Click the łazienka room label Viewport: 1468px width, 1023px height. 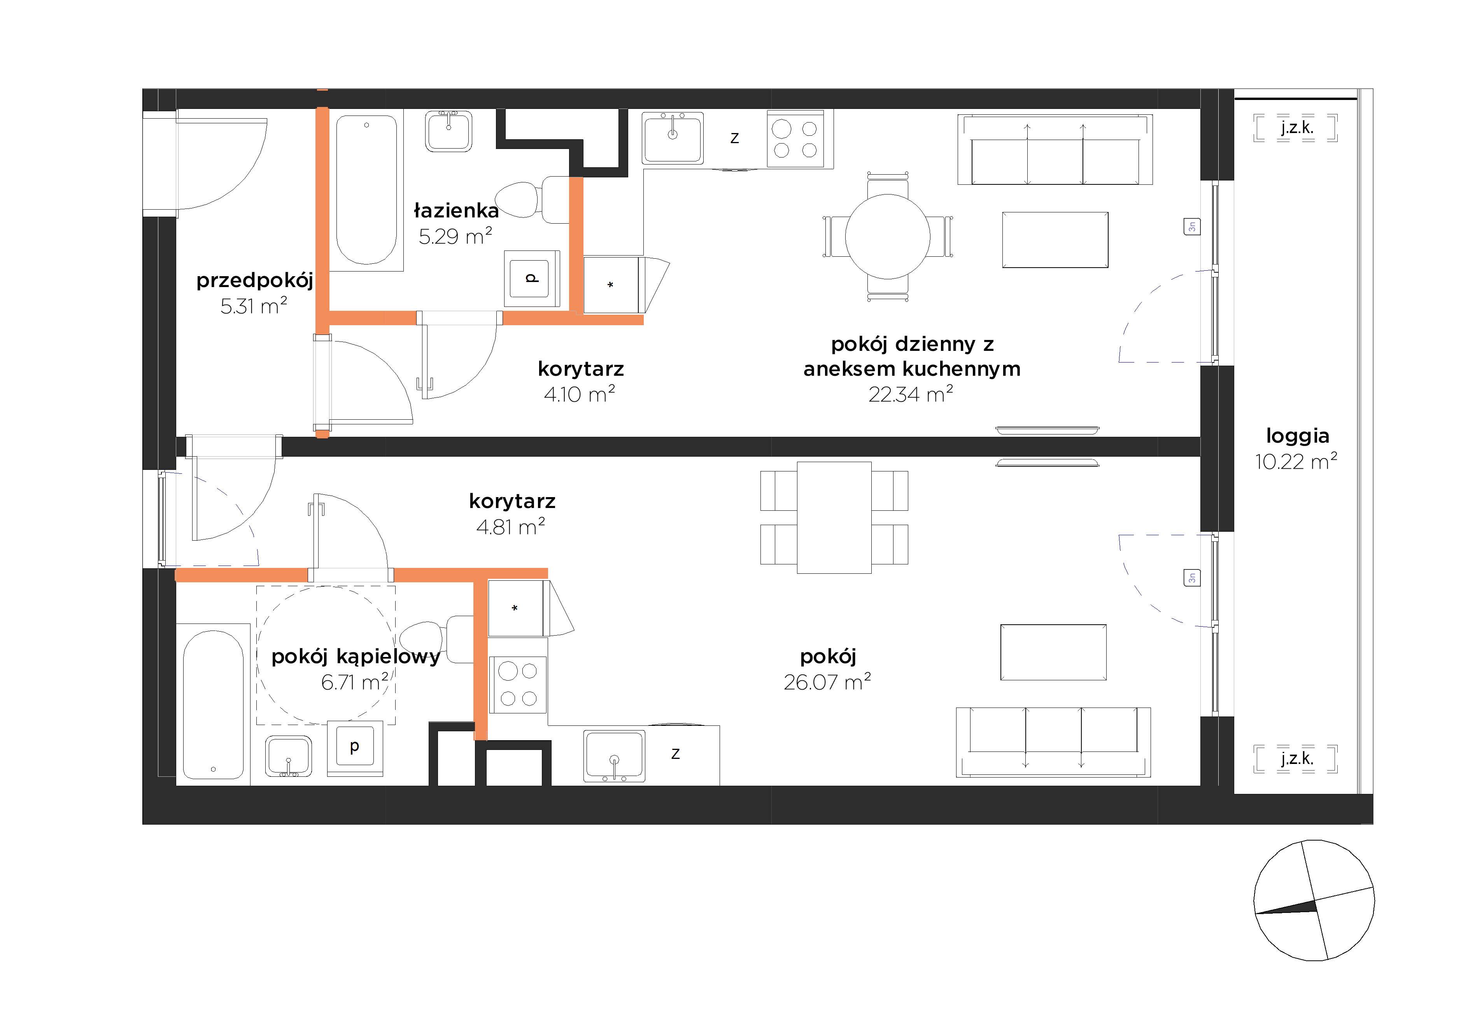[456, 210]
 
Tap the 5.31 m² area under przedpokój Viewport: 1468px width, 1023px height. [254, 306]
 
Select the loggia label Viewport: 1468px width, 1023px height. [1298, 436]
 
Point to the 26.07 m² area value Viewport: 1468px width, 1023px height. [827, 682]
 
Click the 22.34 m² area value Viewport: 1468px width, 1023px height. [911, 394]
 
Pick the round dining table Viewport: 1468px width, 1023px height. [887, 236]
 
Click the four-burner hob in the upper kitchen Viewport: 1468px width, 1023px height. [795, 139]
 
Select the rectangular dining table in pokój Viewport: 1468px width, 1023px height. [834, 518]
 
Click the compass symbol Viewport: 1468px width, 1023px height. [1314, 900]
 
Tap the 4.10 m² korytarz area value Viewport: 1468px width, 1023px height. [579, 394]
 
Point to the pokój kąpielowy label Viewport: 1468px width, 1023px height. [356, 657]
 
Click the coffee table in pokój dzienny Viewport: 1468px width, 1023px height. [1055, 240]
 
